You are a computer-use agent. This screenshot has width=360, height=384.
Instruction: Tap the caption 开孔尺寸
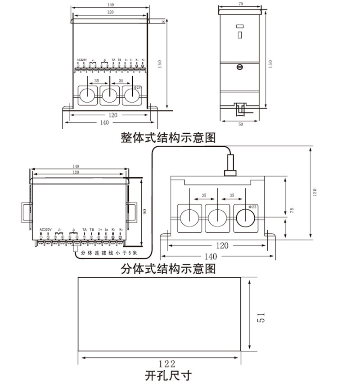tap(168, 375)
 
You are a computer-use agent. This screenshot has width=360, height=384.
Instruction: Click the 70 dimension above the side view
tap(240, 4)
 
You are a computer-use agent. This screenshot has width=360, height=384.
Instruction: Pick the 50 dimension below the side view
tap(240, 123)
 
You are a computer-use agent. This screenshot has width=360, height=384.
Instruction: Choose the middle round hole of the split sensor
tap(218, 218)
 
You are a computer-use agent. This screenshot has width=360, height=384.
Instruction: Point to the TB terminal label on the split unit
tap(92, 230)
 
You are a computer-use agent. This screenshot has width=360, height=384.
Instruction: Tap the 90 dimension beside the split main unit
tap(145, 212)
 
